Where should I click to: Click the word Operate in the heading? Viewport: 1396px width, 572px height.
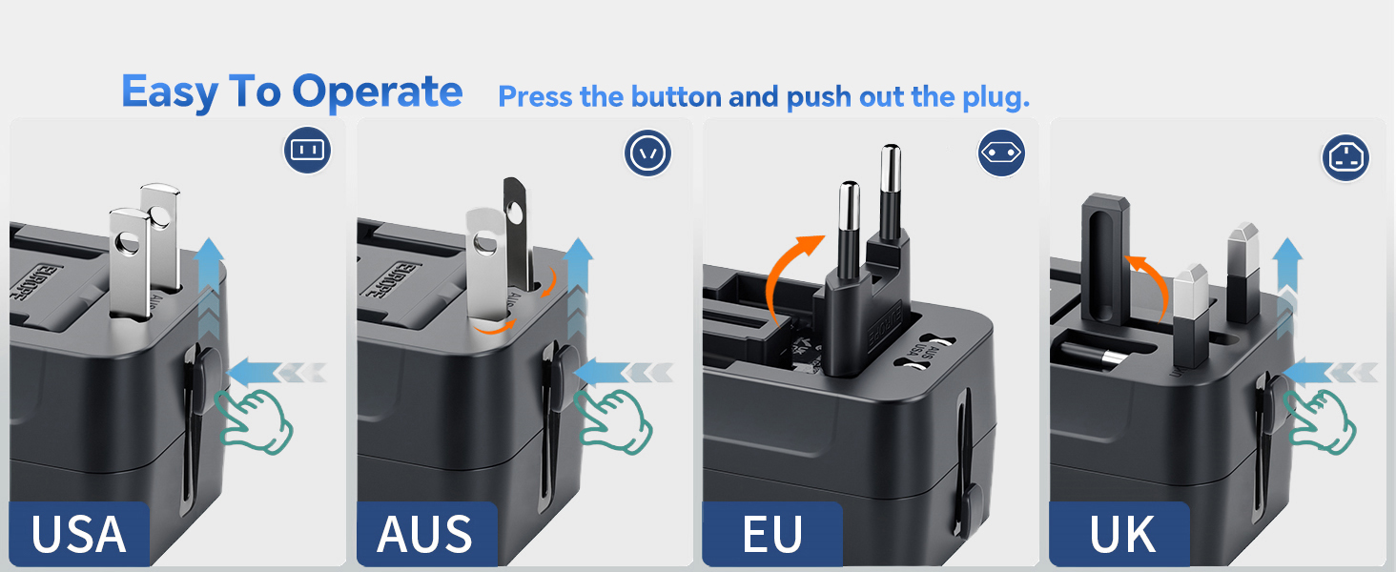click(x=377, y=92)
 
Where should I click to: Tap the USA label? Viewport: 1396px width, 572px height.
click(x=78, y=535)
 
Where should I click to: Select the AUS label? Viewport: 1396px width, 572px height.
click(x=425, y=535)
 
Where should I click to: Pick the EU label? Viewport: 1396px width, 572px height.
click(x=771, y=535)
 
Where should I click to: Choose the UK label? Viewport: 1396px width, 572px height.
click(x=1122, y=535)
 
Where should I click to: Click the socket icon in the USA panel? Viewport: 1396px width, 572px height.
click(x=307, y=150)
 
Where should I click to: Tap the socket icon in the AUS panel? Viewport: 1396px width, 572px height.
click(x=648, y=153)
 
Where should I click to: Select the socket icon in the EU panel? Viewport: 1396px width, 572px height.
click(x=1001, y=153)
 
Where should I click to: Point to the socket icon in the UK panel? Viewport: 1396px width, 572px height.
click(x=1345, y=156)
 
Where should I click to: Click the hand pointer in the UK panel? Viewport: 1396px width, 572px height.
click(x=1320, y=419)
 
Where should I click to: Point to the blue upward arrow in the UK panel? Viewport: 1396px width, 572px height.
click(x=1287, y=276)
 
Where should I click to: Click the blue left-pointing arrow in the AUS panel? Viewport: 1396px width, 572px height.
click(x=610, y=370)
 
